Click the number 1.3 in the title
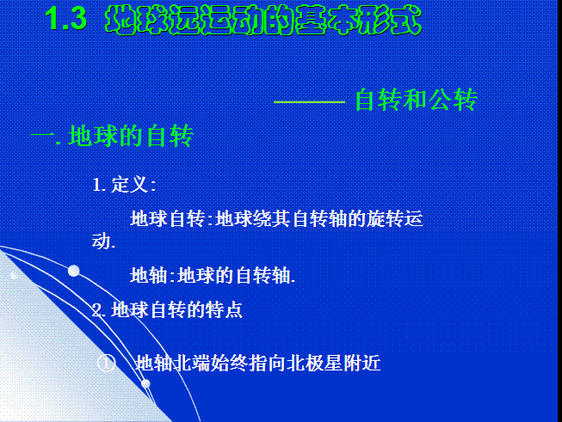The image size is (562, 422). coord(66,18)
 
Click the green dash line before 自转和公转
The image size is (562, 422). coord(309,102)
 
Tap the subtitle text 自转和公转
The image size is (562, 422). coord(416,100)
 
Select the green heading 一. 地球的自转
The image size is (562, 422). coord(112,136)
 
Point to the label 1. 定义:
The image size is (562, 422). coord(124,185)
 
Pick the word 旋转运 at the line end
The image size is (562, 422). coord(395,218)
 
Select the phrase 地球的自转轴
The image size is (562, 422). coord(234,276)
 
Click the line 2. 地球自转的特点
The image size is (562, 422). coord(167,310)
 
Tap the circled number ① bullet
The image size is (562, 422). coord(107,364)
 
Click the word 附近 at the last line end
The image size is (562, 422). coord(361,363)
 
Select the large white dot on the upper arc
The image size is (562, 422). coord(74,271)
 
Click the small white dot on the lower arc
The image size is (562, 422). coord(145,384)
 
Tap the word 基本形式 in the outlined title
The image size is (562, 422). coord(359,20)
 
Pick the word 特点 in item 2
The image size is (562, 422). coord(224,310)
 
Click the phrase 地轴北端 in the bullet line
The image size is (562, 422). coord(172,363)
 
